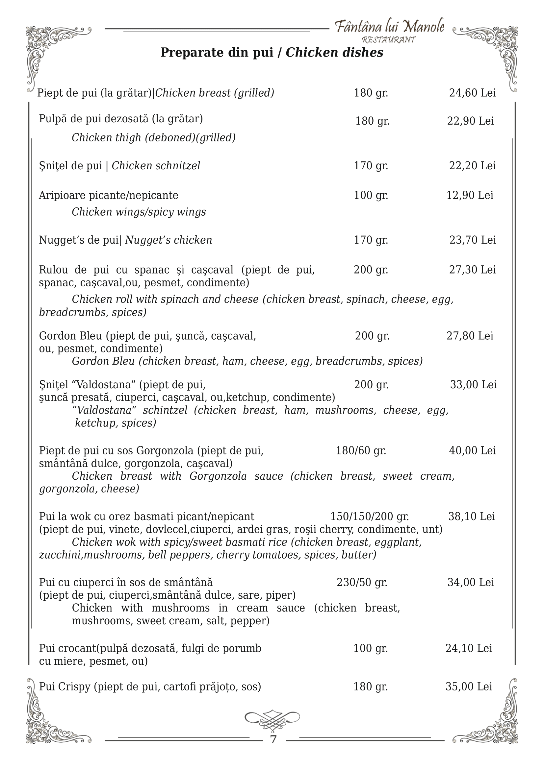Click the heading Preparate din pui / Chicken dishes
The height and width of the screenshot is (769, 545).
272,53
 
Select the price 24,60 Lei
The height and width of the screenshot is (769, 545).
472,93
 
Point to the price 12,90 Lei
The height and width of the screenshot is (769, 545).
470,195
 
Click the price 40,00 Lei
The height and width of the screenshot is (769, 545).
472,450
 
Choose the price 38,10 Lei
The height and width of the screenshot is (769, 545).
472,517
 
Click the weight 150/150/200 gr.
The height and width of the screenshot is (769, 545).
370,517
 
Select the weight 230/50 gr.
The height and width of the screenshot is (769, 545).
362,583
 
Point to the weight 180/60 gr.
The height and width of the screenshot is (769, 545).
361,450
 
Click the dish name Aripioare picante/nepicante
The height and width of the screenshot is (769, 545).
108,195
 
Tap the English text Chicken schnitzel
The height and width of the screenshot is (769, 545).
156,166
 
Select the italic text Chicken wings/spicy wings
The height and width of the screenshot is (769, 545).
139,212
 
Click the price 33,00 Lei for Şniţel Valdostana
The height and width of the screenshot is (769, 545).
473,385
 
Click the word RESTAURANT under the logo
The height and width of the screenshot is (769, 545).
389,40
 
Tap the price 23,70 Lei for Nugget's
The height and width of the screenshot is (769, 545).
473,240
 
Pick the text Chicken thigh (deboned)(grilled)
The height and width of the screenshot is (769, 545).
153,137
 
